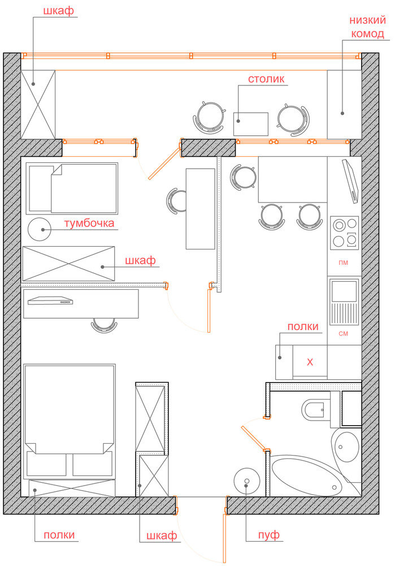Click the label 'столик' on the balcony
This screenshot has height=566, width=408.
(266, 79)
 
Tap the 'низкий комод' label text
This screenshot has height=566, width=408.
(368, 27)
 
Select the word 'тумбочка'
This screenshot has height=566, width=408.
(89, 223)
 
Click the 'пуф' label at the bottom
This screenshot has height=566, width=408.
(269, 535)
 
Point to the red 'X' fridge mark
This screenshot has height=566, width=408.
(310, 362)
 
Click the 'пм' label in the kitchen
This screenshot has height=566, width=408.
(344, 263)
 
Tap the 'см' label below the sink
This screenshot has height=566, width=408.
(344, 333)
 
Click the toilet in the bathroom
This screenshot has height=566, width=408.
(317, 410)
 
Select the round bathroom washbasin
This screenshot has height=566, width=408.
(347, 447)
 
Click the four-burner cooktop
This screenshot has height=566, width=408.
(345, 233)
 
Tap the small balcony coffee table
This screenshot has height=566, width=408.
(251, 124)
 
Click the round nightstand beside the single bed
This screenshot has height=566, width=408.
(40, 230)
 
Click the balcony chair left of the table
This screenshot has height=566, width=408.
(210, 117)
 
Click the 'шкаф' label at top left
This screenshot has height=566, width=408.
(58, 11)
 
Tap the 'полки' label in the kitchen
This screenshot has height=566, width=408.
(303, 327)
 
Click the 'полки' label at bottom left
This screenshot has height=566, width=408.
(59, 535)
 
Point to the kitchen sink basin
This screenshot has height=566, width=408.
(344, 291)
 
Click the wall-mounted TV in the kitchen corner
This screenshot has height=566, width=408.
(350, 181)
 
